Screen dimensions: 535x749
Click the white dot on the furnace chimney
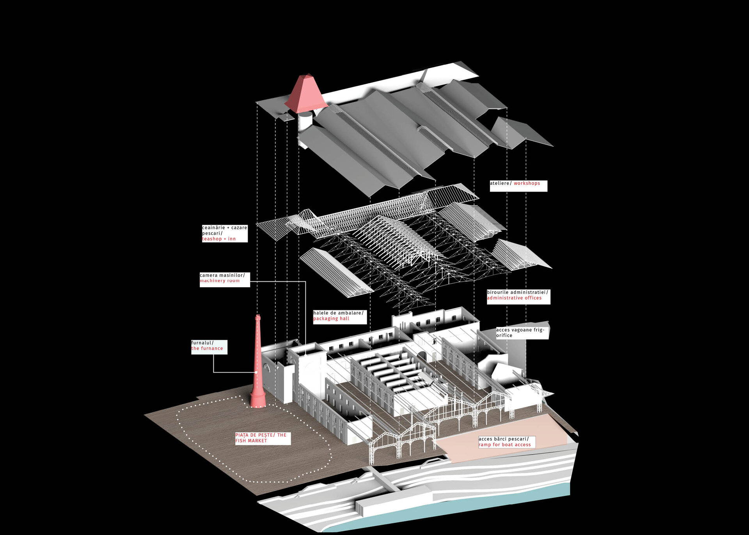[x=256, y=372]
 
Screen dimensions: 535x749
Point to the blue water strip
[x=449, y=511]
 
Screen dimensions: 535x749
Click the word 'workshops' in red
[x=527, y=183]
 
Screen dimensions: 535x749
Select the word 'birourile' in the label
[x=498, y=292]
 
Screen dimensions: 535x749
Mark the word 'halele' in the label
[x=321, y=313]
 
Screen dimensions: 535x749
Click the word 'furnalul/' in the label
[x=202, y=343]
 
